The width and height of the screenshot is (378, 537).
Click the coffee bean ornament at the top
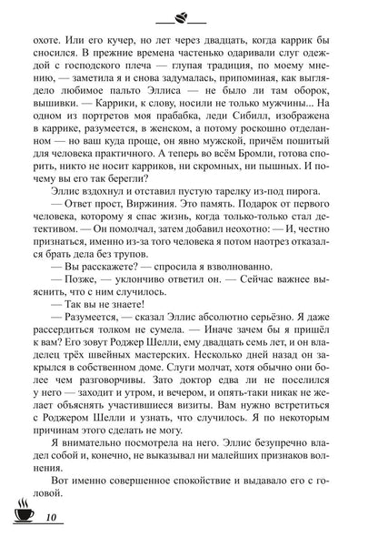point(190,16)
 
